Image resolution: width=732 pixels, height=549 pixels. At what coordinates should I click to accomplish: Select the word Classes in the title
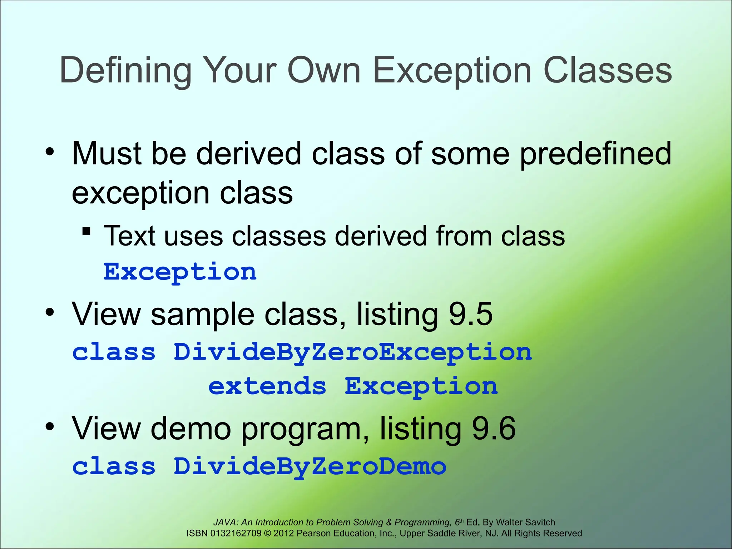coord(607,71)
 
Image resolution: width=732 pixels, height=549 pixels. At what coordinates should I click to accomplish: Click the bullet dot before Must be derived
coord(50,153)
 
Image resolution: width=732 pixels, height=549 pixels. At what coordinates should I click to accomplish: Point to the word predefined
coord(595,154)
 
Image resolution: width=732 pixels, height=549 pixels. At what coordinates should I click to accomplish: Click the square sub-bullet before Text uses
coord(86,231)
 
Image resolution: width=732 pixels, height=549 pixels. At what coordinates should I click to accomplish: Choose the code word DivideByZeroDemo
coord(310,467)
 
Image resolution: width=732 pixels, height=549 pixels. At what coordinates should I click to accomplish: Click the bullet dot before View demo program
coord(50,426)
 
